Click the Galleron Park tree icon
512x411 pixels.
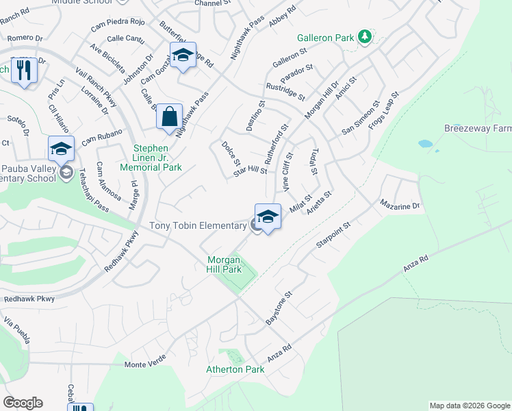[366, 37]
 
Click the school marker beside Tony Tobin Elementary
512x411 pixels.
[268, 217]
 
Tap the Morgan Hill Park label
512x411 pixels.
[225, 264]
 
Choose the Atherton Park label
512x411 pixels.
[235, 369]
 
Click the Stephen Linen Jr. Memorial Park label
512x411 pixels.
[151, 157]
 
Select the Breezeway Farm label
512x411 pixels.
[478, 128]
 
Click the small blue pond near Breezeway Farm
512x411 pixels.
[426, 145]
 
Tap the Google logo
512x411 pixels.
[23, 403]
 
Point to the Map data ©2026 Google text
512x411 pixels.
[470, 406]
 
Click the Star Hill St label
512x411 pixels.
[250, 170]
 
